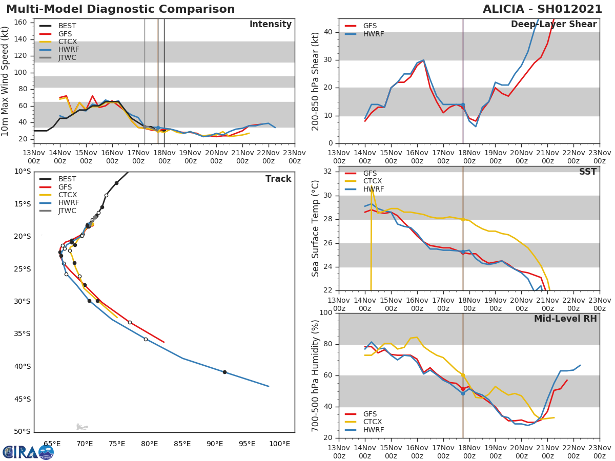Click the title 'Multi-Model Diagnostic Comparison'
pyautogui.click(x=120, y=9)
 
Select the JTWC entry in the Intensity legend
pyautogui.click(x=67, y=57)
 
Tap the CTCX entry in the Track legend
pyautogui.click(x=67, y=195)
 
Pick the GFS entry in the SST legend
pyautogui.click(x=370, y=173)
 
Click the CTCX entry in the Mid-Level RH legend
pyautogui.click(x=373, y=422)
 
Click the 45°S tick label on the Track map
pyautogui.click(x=22, y=399)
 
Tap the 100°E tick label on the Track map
pyautogui.click(x=280, y=444)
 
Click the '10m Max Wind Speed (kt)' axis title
pyautogui.click(x=6, y=82)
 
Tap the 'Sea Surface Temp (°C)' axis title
pyautogui.click(x=316, y=228)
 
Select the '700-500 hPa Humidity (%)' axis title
pyautogui.click(x=316, y=375)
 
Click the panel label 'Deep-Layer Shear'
pyautogui.click(x=553, y=25)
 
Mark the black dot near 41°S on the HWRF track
pyautogui.click(x=224, y=372)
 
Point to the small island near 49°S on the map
pyautogui.click(x=81, y=426)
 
